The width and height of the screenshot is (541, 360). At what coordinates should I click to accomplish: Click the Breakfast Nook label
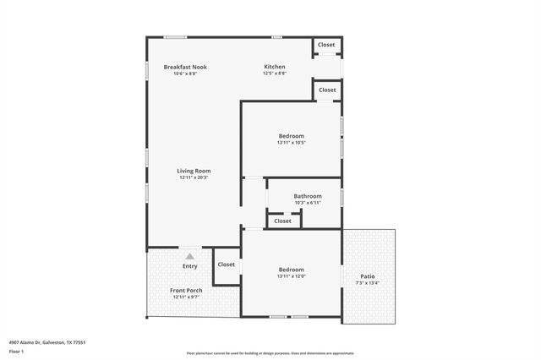pos(185,67)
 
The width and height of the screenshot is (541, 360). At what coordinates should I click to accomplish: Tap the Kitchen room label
pos(275,67)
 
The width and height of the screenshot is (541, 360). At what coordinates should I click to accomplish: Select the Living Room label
pos(194,171)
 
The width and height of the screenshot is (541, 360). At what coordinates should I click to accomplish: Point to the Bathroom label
pos(308,196)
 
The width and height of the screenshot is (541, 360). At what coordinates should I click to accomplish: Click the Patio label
pos(368,275)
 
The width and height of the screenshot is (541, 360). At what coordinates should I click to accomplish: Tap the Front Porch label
pos(187,290)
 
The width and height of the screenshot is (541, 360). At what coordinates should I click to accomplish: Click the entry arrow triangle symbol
pos(190,256)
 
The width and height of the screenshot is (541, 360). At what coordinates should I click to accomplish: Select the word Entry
pos(190,266)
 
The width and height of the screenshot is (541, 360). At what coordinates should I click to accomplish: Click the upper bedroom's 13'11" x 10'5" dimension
pos(292,142)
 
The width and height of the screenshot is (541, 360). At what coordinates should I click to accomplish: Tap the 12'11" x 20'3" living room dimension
pos(194,177)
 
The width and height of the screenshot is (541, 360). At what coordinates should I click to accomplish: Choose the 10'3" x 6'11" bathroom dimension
pos(308,203)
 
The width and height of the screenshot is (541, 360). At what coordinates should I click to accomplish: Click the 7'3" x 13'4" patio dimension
pos(368,282)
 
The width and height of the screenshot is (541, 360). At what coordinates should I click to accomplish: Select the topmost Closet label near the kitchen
pos(326,45)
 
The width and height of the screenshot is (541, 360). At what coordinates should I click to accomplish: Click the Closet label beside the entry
pos(227,265)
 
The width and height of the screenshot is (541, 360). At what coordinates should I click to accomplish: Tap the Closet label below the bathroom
pos(281,221)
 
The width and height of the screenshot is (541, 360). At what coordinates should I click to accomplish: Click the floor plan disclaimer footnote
pos(270,353)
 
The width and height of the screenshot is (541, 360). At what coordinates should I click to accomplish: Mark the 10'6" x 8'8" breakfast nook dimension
pos(185,74)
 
